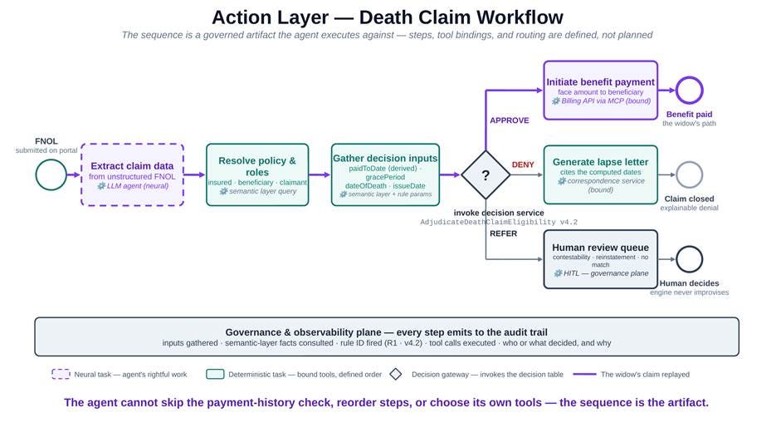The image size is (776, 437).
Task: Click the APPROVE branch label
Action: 510,120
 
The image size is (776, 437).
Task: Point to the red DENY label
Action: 523,164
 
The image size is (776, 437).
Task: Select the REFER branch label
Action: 503,233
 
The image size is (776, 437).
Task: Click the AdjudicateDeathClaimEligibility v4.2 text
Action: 499,222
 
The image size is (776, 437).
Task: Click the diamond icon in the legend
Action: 395,374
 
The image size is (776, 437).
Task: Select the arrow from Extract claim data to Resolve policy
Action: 194,174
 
